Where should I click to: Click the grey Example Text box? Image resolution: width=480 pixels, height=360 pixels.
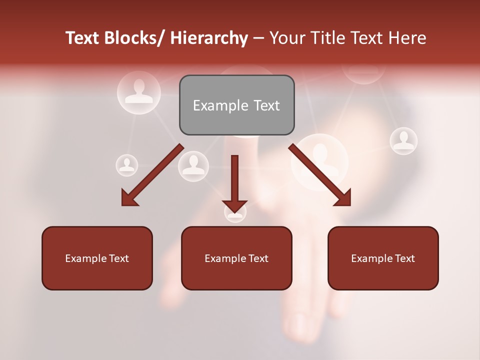[x=236, y=105]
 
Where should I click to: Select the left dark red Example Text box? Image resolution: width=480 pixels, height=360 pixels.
[x=97, y=258]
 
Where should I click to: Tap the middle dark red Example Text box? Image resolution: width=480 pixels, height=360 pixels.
[x=236, y=258]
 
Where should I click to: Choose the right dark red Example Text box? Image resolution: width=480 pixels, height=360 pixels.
[x=383, y=258]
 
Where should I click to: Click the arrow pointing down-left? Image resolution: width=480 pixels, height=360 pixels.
[x=152, y=175]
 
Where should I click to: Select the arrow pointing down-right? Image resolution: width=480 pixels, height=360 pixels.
[x=320, y=175]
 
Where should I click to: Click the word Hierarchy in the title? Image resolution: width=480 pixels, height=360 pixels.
[x=209, y=38]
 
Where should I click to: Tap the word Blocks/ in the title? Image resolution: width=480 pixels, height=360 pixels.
[x=134, y=38]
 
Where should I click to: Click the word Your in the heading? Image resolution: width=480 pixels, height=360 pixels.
[x=287, y=38]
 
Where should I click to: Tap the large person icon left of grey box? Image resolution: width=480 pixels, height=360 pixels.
[x=139, y=92]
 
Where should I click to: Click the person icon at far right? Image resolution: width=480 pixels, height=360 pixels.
[x=403, y=141]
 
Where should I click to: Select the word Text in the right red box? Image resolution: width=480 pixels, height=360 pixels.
[x=404, y=258]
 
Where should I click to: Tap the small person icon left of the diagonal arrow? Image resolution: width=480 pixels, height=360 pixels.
[x=127, y=165]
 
